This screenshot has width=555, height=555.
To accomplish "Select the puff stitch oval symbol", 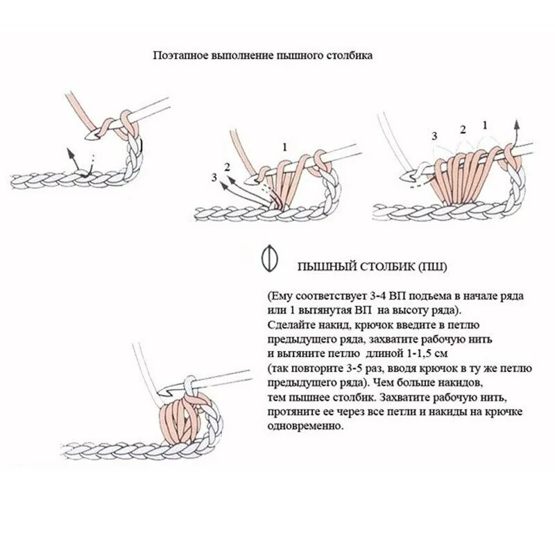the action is coord(268,257).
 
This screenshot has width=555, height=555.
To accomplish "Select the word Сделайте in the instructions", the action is coord(289,323).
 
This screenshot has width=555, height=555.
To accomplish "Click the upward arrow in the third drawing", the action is coord(516,128).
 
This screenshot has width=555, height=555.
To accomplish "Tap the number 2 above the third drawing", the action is coord(461,129).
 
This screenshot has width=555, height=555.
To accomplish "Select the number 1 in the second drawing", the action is coord(284,146).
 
